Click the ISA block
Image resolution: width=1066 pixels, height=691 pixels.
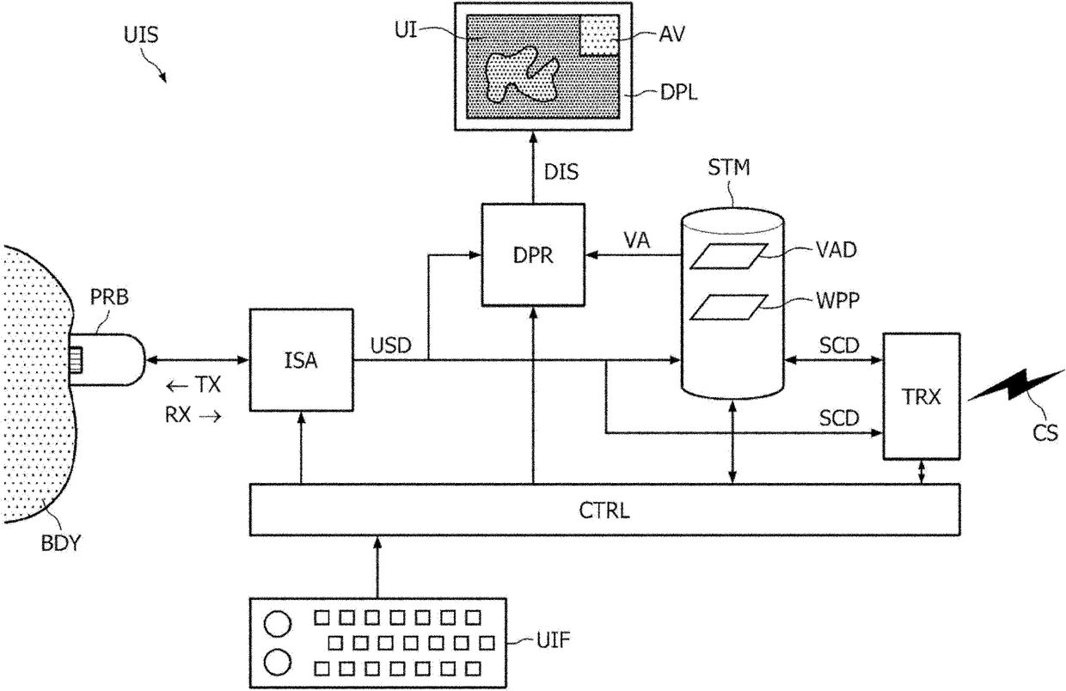pyautogui.click(x=301, y=360)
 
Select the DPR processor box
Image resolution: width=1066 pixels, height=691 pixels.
pyautogui.click(x=533, y=255)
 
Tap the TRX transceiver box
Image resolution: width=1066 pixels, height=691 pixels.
pyautogui.click(x=922, y=396)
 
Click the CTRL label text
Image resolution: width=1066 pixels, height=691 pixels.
pyautogui.click(x=604, y=511)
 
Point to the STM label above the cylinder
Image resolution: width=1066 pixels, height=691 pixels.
pyautogui.click(x=729, y=168)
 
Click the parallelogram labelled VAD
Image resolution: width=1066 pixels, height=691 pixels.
pyautogui.click(x=729, y=256)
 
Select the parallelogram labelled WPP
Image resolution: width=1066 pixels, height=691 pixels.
pyautogui.click(x=729, y=307)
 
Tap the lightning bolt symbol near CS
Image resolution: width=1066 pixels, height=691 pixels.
pyautogui.click(x=1016, y=387)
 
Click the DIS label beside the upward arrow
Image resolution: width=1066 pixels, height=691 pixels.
pyautogui.click(x=561, y=172)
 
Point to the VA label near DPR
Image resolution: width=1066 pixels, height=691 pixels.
pyautogui.click(x=637, y=241)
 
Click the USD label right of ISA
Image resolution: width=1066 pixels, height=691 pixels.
pyautogui.click(x=390, y=345)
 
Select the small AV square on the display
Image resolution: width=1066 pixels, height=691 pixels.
pyautogui.click(x=599, y=35)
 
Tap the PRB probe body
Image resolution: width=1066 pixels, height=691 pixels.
pyautogui.click(x=107, y=360)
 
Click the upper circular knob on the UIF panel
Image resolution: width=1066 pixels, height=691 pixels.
pyautogui.click(x=278, y=624)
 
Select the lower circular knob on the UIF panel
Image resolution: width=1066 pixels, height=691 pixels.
pyautogui.click(x=278, y=663)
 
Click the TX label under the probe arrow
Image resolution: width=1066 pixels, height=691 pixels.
pyautogui.click(x=208, y=384)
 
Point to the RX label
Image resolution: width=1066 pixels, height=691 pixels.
pyautogui.click(x=177, y=415)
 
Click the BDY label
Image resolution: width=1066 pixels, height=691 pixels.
pyautogui.click(x=61, y=543)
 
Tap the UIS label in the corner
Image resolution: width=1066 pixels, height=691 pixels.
pyautogui.click(x=141, y=35)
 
